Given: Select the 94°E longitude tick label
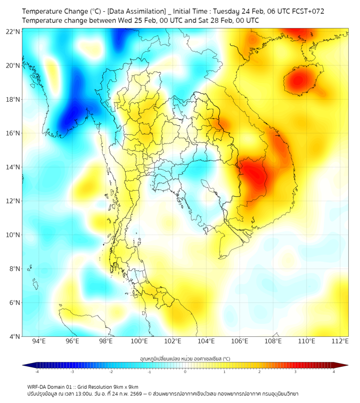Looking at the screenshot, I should [39, 341].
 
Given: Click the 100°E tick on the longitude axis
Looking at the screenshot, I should [140, 341].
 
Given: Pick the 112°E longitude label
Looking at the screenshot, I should [340, 341].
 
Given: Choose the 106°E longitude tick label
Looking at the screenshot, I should [240, 341].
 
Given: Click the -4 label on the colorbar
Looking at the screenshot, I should [37, 371].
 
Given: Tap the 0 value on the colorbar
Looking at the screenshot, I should [185, 371].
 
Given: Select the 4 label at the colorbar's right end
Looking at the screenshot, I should [334, 371].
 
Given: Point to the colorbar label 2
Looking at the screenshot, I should [259, 371].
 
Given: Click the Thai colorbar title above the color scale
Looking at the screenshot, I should [185, 359].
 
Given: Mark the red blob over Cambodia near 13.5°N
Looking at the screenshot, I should [252, 174].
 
